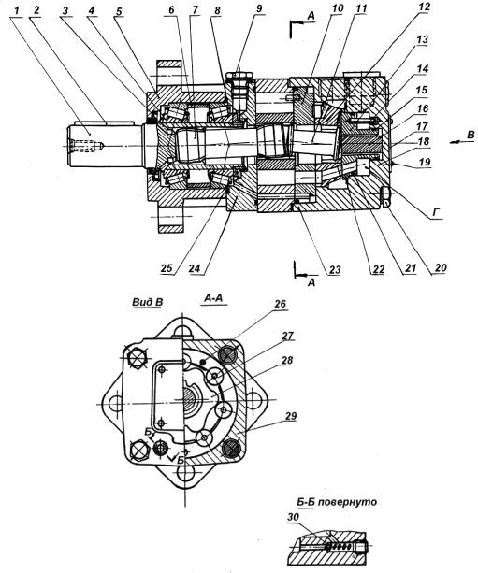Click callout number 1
pyautogui.click(x=16, y=11)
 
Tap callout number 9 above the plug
pyautogui.click(x=259, y=8)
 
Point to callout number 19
pyautogui.click(x=425, y=162)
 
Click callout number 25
pyautogui.click(x=167, y=268)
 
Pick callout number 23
pyautogui.click(x=335, y=270)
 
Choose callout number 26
pyautogui.click(x=280, y=304)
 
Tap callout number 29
pyautogui.click(x=290, y=416)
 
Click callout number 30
pyautogui.click(x=293, y=517)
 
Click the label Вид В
pyautogui.click(x=148, y=303)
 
